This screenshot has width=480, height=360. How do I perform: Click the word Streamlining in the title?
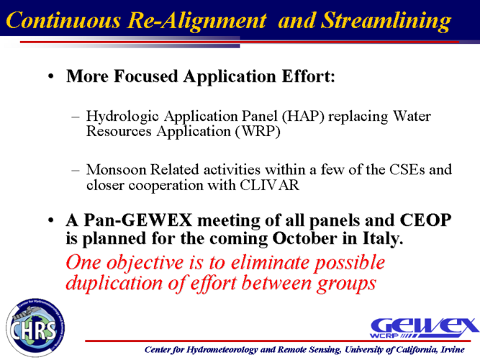click(x=386, y=21)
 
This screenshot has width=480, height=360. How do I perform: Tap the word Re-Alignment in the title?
click(x=197, y=21)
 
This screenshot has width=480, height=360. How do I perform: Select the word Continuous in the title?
click(x=63, y=21)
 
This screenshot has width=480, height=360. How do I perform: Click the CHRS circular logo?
click(x=35, y=328)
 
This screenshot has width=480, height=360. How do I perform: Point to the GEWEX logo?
click(x=424, y=328)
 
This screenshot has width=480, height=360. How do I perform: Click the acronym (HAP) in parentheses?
click(x=303, y=116)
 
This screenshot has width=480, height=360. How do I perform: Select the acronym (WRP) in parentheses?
click(x=258, y=132)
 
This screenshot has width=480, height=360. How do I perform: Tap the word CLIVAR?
click(x=269, y=185)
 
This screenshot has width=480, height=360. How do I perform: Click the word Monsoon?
click(x=116, y=170)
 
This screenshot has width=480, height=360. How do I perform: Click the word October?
click(x=304, y=238)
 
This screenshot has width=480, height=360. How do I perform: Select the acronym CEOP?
click(x=425, y=220)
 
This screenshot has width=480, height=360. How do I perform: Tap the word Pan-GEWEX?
click(x=137, y=220)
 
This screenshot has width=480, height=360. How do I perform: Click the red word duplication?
click(x=114, y=283)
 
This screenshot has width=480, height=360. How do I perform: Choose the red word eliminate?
click(x=270, y=263)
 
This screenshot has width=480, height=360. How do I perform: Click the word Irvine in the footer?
click(x=453, y=350)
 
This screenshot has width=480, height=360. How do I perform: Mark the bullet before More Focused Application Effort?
click(x=51, y=76)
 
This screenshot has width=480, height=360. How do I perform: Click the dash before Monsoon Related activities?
click(x=76, y=170)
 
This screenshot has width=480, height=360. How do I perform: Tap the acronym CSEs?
click(x=407, y=170)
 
